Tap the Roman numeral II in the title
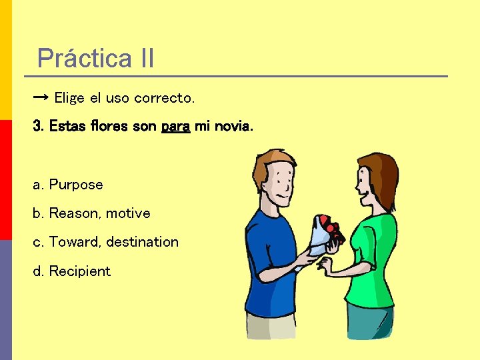[147, 59]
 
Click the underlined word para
[176, 126]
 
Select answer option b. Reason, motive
[91, 213]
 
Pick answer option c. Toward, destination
[105, 242]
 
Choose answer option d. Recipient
[71, 271]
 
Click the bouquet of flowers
[325, 232]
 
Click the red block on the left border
[5, 180]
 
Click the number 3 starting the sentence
[37, 126]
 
